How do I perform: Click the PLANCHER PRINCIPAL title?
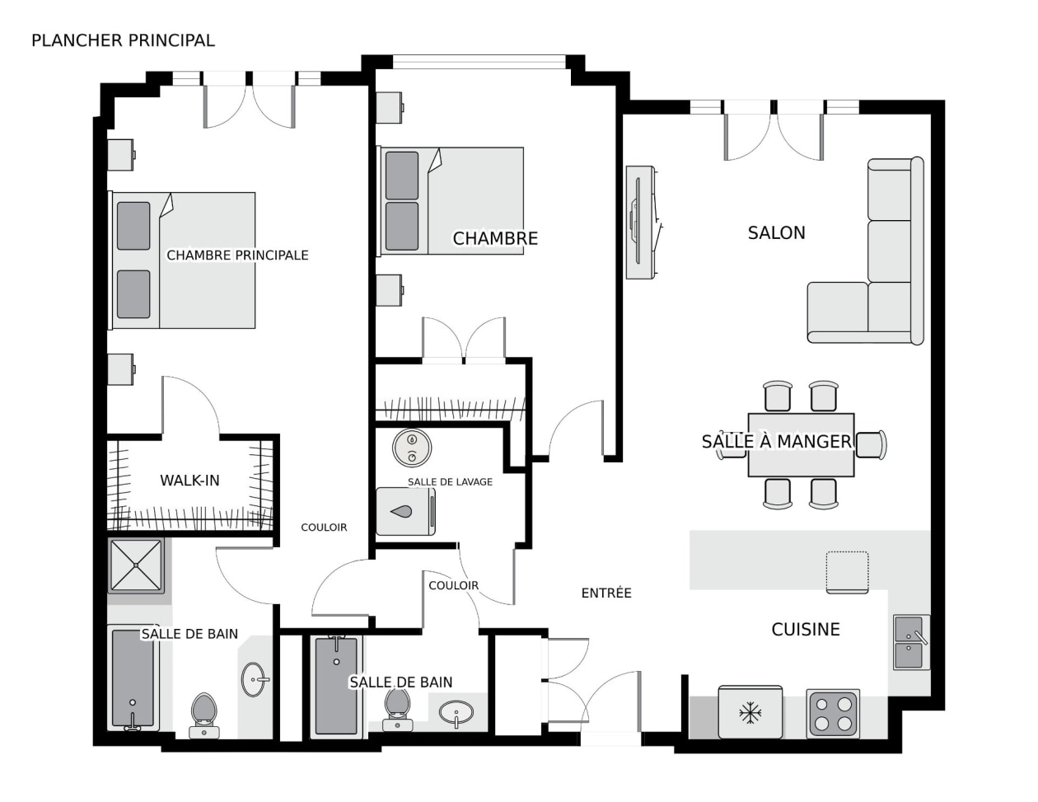(x=123, y=40)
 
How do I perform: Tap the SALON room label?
(x=776, y=232)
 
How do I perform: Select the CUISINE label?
(x=806, y=630)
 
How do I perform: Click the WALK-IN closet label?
(x=189, y=481)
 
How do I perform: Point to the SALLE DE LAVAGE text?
(x=450, y=481)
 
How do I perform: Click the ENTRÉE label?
(x=606, y=593)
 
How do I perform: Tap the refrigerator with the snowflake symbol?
(x=750, y=711)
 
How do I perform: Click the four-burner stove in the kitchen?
(x=833, y=713)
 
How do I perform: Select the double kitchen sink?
(x=911, y=642)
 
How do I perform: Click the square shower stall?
(x=136, y=565)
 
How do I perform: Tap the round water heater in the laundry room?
(x=412, y=448)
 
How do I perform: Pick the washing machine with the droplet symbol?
(x=405, y=511)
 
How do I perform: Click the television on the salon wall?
(x=642, y=223)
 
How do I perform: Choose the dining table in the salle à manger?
(x=801, y=444)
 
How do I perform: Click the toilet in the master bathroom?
(x=204, y=715)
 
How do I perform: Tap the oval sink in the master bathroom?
(x=255, y=679)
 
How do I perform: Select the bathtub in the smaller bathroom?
(x=336, y=686)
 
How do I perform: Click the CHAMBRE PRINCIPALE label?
(x=237, y=256)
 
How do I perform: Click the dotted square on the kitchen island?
(x=848, y=573)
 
